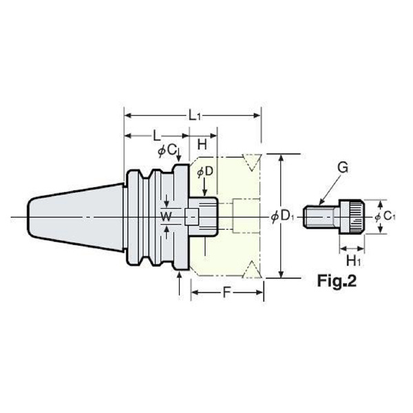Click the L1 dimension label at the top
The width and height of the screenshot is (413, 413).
[195, 116]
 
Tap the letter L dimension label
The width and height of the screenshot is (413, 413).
[157, 136]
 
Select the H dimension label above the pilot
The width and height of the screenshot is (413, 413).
[202, 145]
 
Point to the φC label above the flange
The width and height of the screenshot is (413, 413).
[167, 151]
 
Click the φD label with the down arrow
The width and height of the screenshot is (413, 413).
[205, 172]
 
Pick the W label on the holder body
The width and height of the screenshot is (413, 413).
[166, 217]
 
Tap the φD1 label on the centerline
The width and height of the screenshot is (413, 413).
[282, 217]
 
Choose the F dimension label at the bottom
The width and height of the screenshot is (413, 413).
[226, 292]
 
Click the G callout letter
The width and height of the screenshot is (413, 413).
[343, 168]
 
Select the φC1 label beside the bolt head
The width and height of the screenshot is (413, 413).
[385, 217]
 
